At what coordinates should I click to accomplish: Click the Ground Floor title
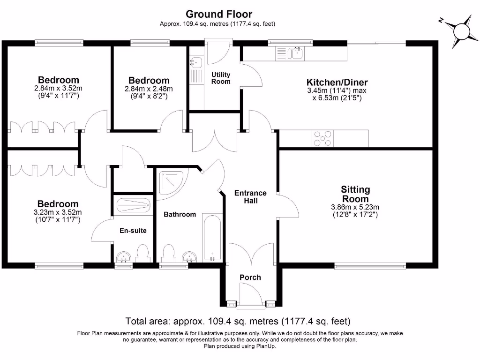219,14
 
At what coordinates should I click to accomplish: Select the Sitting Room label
355,194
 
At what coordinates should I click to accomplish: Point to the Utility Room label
221,78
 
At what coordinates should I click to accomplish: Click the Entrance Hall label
250,197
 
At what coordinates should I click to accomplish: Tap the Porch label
250,277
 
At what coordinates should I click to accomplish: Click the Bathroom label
180,214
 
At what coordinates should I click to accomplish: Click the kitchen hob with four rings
322,138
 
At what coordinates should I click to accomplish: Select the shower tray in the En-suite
133,204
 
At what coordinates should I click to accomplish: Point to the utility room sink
196,61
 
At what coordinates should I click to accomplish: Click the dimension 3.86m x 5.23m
355,207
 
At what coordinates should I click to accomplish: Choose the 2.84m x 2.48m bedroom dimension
149,89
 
